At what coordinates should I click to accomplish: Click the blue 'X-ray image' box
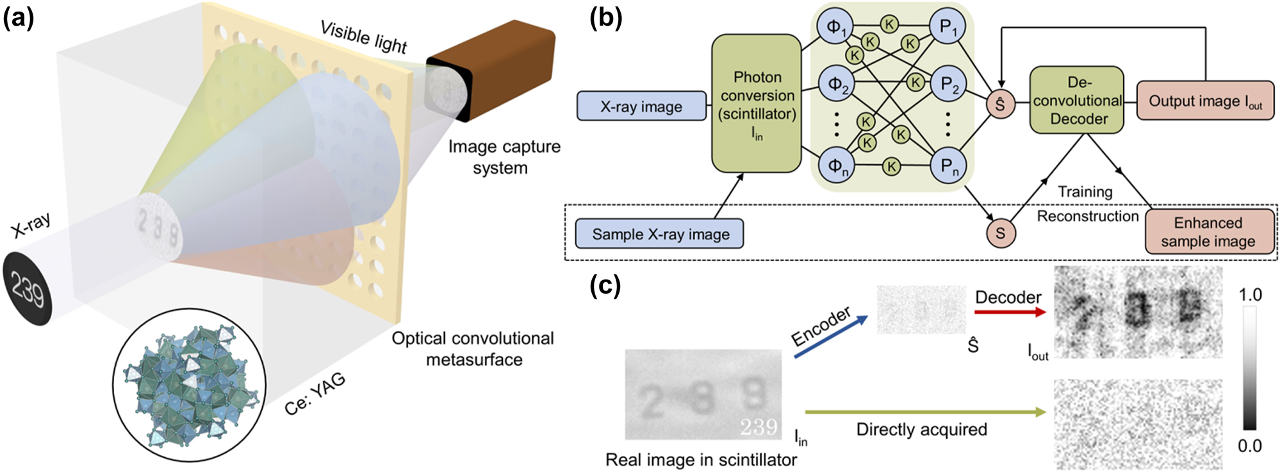click(x=641, y=106)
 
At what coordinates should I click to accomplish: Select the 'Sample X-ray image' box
click(x=660, y=234)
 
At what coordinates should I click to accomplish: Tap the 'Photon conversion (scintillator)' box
click(x=757, y=104)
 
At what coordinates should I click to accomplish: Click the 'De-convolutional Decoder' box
click(x=1077, y=101)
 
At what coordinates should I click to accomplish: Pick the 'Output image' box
click(x=1204, y=101)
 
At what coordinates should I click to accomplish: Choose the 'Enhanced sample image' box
click(x=1208, y=232)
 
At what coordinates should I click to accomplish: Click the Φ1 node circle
click(x=836, y=26)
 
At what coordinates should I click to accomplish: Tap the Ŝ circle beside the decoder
click(x=1000, y=105)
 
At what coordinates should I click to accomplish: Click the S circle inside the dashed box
click(x=1000, y=233)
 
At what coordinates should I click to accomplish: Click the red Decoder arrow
click(x=1009, y=312)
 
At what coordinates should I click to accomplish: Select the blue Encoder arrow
click(x=831, y=336)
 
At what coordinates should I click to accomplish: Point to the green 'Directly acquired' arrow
click(x=924, y=412)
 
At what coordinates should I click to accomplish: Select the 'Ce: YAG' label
click(x=315, y=393)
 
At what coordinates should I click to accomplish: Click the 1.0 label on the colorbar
click(x=1250, y=295)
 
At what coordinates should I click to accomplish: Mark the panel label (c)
click(x=605, y=285)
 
